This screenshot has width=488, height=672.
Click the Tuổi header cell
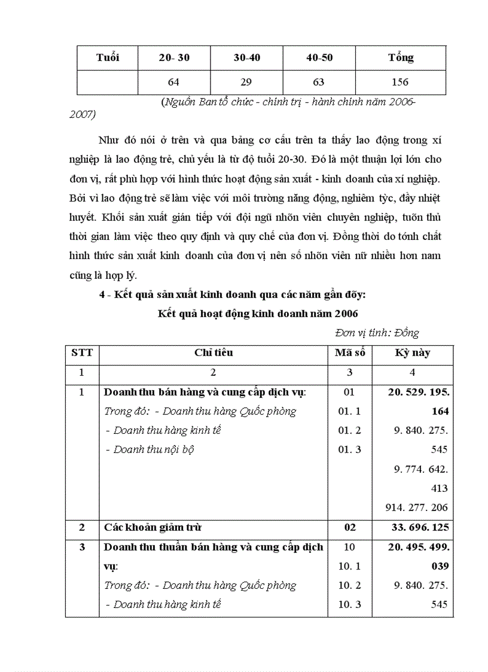(108, 57)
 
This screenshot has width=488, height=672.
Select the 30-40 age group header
(247, 57)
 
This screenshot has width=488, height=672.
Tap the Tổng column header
(400, 57)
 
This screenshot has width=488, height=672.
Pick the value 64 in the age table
(173, 82)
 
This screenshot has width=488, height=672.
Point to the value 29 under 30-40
(247, 82)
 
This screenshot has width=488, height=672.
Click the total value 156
(400, 82)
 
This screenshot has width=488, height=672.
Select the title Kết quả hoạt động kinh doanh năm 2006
(258, 313)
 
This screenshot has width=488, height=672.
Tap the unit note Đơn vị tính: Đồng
(377, 333)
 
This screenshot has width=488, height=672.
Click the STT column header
(82, 352)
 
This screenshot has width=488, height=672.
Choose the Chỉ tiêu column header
(213, 352)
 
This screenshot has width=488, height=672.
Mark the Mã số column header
(350, 352)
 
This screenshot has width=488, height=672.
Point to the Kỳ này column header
(412, 352)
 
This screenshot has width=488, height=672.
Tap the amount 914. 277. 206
(416, 507)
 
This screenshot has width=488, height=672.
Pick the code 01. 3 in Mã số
(350, 449)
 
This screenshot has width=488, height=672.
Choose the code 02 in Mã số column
(350, 527)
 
